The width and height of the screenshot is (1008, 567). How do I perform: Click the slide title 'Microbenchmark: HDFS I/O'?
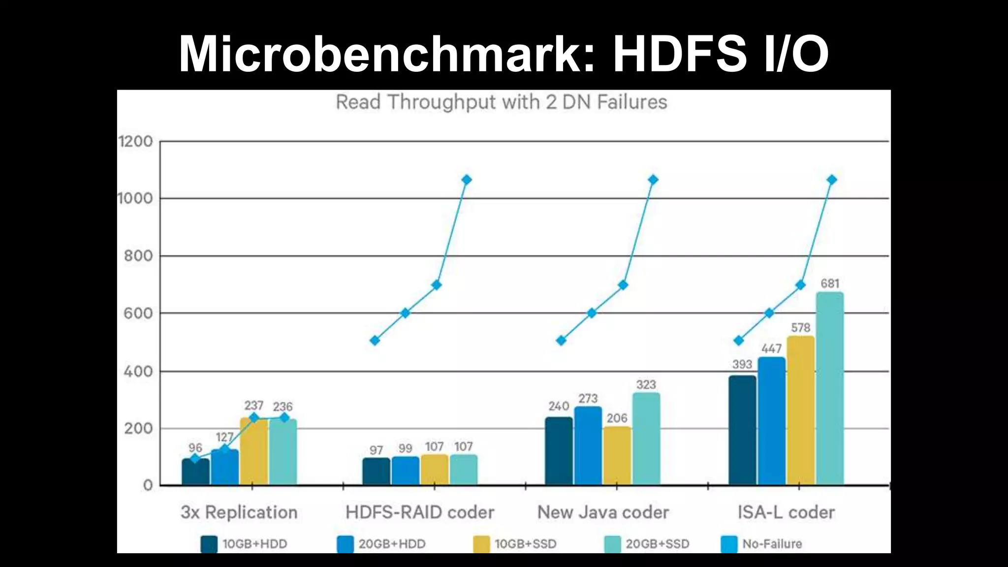(504, 54)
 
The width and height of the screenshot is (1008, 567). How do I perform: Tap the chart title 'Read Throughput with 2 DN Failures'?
(501, 102)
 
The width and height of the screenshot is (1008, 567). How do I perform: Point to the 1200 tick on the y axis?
(136, 142)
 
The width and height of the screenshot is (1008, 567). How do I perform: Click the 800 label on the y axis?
(138, 256)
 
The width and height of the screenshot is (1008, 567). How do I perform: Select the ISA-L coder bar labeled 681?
(830, 389)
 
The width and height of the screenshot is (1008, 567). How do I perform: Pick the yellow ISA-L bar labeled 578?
(800, 411)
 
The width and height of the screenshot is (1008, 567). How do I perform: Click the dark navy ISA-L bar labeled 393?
(742, 431)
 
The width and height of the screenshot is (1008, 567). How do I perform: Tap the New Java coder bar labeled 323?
(646, 439)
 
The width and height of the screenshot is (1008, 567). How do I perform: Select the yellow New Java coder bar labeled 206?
(617, 456)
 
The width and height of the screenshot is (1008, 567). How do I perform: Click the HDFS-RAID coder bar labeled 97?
(376, 472)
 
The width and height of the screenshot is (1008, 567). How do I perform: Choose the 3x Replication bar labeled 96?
(195, 472)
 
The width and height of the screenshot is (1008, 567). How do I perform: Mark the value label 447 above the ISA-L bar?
(771, 349)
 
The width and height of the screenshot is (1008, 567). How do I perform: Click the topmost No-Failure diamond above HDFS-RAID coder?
(466, 180)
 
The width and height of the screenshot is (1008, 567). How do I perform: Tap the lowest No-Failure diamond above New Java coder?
(561, 341)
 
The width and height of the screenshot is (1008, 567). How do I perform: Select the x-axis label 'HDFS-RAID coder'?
(420, 512)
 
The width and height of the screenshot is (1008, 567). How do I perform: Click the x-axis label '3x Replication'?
(239, 512)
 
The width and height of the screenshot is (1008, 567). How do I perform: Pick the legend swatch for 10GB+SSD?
(481, 544)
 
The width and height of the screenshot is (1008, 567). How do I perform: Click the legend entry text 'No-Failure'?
(772, 544)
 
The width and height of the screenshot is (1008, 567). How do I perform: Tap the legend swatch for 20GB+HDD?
(346, 544)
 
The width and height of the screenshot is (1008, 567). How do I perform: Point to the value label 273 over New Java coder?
(588, 399)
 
